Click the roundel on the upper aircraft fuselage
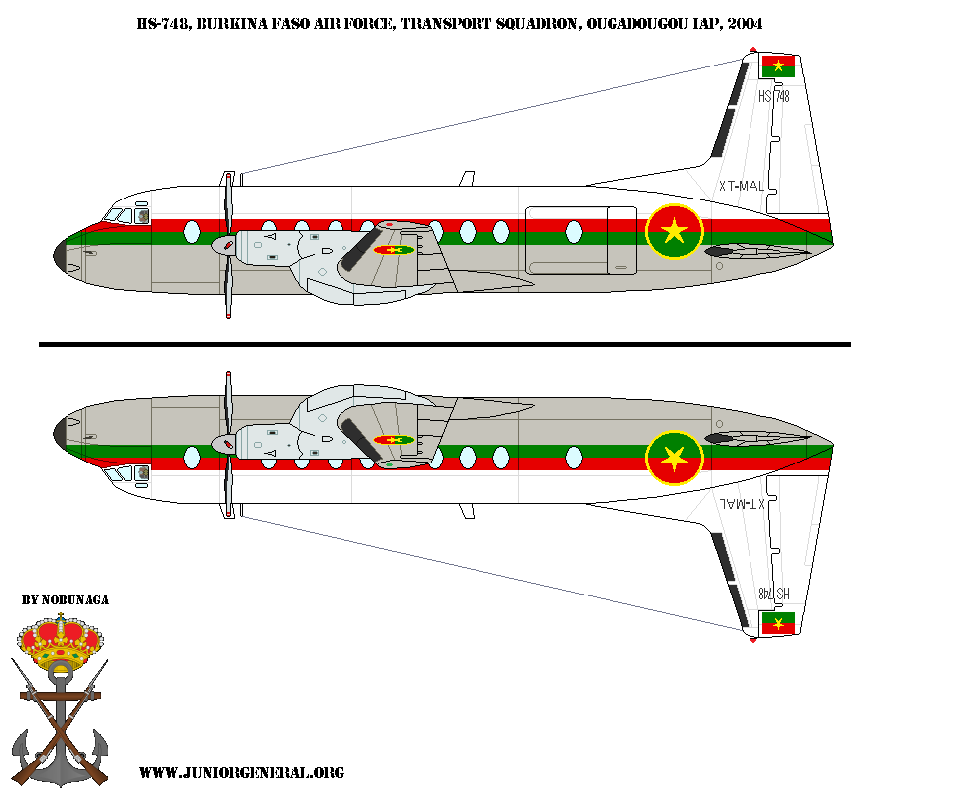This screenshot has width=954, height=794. point(674,232)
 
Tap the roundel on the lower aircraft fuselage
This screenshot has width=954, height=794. point(674,458)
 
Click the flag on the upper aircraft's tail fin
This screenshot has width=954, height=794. point(778,66)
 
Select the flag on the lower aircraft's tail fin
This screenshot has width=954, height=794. point(778,623)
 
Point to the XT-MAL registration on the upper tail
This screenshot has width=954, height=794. point(742,186)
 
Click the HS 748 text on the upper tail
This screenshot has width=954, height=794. point(773,96)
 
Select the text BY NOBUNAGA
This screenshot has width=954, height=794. point(66,600)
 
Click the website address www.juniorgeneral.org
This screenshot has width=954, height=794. point(241,772)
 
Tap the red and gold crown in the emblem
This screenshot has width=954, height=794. point(62,643)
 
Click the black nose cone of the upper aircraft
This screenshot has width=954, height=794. point(62,256)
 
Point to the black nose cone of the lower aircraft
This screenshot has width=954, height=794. point(62,431)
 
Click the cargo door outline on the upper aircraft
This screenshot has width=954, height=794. point(581,239)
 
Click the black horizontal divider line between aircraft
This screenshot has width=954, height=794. point(444,344)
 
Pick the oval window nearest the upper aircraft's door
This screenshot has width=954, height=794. point(501,232)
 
